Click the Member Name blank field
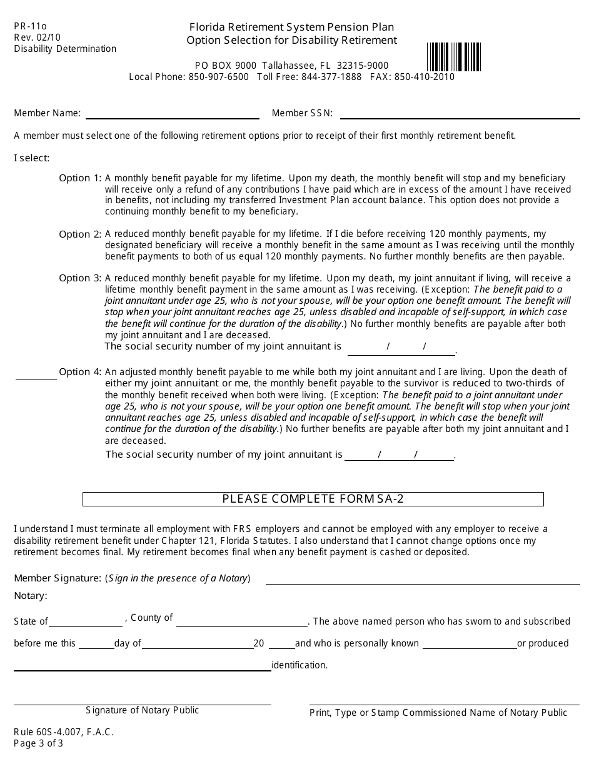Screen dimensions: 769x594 (x=172, y=114)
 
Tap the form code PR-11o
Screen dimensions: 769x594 (x=31, y=26)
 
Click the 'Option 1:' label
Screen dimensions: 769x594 (x=79, y=178)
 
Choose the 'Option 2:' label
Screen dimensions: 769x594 (x=79, y=234)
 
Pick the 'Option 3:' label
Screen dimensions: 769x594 (x=79, y=278)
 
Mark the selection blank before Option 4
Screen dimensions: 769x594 (x=36, y=374)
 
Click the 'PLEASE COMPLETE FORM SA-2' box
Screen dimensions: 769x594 (x=313, y=499)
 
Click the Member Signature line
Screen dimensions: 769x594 (x=422, y=580)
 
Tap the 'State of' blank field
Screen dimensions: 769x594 (x=86, y=623)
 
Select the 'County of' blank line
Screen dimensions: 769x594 (x=242, y=622)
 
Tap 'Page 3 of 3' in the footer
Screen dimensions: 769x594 (x=39, y=743)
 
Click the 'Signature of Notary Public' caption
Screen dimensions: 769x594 (x=143, y=710)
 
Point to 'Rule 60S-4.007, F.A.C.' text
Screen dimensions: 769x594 (x=64, y=732)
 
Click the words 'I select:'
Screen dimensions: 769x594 (x=31, y=158)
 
